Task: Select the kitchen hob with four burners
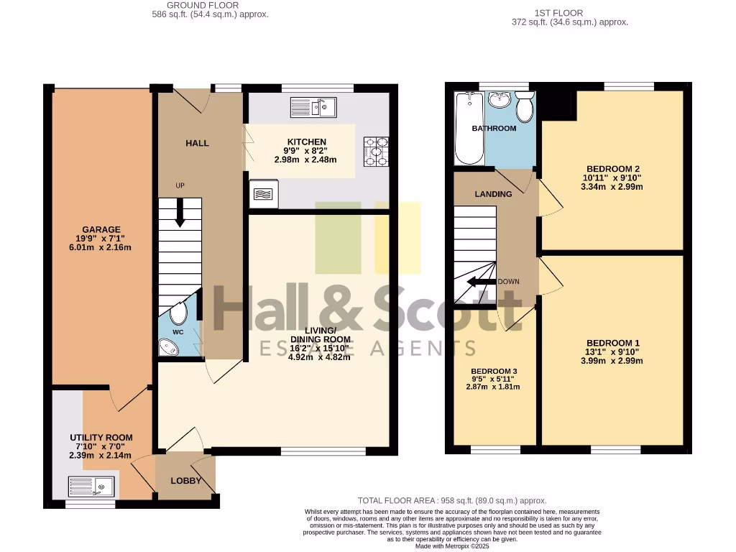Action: [376, 152]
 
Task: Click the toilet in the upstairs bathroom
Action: [525, 107]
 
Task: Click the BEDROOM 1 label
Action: [612, 343]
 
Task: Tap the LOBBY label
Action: [185, 481]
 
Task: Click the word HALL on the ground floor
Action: [197, 143]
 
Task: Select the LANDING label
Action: [494, 194]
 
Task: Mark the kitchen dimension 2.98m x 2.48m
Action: [306, 160]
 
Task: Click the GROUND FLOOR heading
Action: [193, 5]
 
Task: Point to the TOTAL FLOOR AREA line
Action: [452, 500]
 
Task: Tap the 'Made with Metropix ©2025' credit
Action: [452, 546]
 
